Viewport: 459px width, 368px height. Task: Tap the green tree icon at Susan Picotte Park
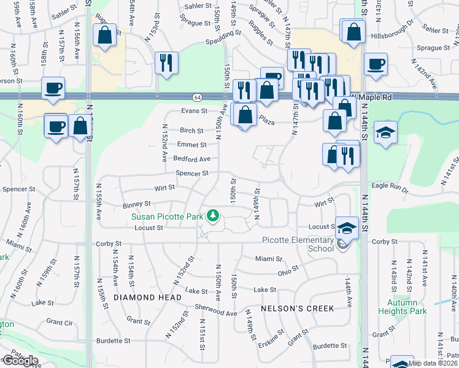pyautogui.click(x=213, y=215)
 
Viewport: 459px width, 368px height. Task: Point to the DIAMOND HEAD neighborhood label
pyautogui.click(x=147, y=297)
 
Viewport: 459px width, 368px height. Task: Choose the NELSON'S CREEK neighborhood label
pyautogui.click(x=297, y=309)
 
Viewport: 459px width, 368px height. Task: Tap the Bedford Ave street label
pyautogui.click(x=191, y=159)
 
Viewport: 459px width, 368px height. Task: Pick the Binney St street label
pyautogui.click(x=137, y=203)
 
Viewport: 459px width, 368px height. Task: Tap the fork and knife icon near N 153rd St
pyautogui.click(x=166, y=63)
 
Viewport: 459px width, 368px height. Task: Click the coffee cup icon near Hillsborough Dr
pyautogui.click(x=375, y=64)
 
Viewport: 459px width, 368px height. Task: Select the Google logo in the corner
pyautogui.click(x=21, y=361)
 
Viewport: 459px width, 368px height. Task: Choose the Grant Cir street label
pyautogui.click(x=60, y=322)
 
